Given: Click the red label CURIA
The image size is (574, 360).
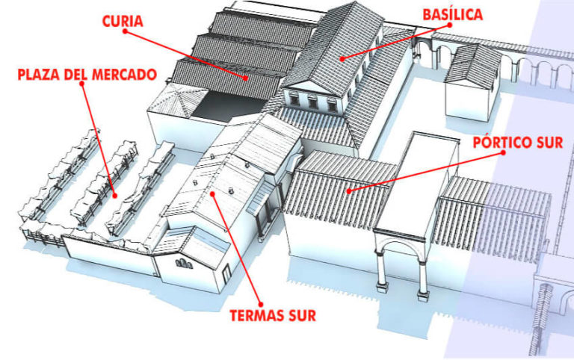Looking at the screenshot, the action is (123, 21).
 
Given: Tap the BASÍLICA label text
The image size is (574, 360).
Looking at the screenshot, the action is (452, 14).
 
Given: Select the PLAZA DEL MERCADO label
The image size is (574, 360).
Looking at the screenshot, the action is (87, 75).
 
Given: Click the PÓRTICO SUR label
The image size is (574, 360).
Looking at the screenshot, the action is (518, 143).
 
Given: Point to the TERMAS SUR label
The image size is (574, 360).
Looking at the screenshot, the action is (273, 315).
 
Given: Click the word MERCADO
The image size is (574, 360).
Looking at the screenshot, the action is (124, 75).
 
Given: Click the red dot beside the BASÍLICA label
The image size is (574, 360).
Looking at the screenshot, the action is (449, 25).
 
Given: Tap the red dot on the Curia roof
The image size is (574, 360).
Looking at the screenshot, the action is (246, 78).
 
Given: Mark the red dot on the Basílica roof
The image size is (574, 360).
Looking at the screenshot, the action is (342, 58).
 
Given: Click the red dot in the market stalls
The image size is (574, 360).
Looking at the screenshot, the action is (114, 196).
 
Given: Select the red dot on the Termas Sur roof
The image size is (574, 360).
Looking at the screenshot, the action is (213, 193).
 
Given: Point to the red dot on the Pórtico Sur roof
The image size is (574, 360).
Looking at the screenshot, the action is (349, 191).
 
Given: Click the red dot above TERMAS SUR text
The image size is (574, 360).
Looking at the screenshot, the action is (261, 304).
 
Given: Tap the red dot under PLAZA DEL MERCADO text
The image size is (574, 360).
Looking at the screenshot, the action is (82, 84).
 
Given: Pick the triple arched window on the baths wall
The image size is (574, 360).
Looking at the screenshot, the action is (184, 264).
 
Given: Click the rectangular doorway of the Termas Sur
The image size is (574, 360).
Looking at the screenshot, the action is (226, 273).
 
